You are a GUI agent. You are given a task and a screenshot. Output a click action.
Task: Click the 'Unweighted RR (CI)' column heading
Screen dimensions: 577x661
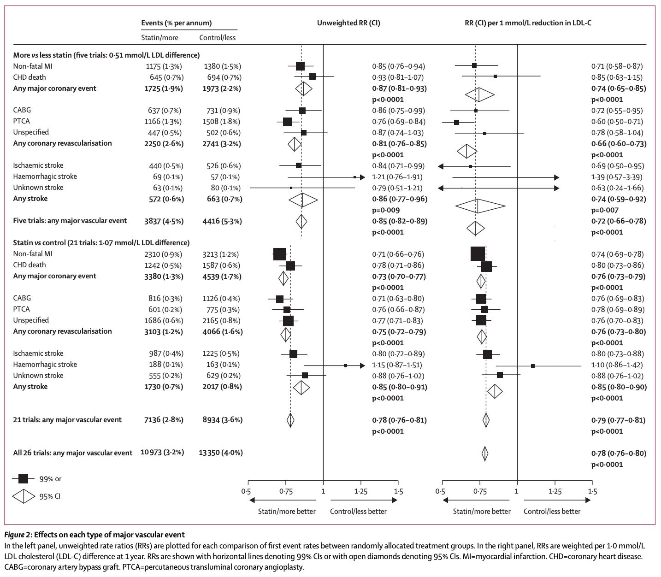point(348,23)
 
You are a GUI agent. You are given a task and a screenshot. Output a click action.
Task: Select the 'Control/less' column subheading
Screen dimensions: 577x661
point(217,38)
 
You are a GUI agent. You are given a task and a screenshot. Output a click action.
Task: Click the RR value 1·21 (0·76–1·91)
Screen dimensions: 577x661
point(397,177)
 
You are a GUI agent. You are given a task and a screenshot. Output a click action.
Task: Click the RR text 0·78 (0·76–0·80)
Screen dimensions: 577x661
point(619,453)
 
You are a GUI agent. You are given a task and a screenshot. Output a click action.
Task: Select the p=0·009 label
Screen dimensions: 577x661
point(388,210)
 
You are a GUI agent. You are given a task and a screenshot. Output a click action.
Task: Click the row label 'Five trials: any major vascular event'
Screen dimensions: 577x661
point(70,221)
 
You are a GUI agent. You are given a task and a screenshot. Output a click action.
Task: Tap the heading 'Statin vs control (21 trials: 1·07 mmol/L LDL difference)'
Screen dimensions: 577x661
point(101,243)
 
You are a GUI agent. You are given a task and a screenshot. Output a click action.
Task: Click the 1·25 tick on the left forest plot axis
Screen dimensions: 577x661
point(360,491)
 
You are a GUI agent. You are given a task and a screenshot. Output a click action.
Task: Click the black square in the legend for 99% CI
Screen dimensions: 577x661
point(23,479)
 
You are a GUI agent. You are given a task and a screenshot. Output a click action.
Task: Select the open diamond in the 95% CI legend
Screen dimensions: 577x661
point(23,496)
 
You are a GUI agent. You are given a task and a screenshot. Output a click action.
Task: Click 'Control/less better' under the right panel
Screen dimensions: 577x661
point(552,511)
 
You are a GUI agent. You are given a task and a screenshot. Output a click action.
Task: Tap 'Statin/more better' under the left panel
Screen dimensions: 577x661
point(287,511)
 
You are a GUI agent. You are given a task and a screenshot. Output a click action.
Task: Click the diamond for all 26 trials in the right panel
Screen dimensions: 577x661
point(485,453)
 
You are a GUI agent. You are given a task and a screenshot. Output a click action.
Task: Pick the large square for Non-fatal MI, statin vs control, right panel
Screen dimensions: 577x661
point(478,254)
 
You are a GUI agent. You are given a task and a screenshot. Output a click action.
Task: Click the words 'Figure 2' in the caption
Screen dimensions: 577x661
point(17,535)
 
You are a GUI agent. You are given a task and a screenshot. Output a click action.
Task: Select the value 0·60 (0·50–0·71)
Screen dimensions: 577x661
point(617,122)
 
